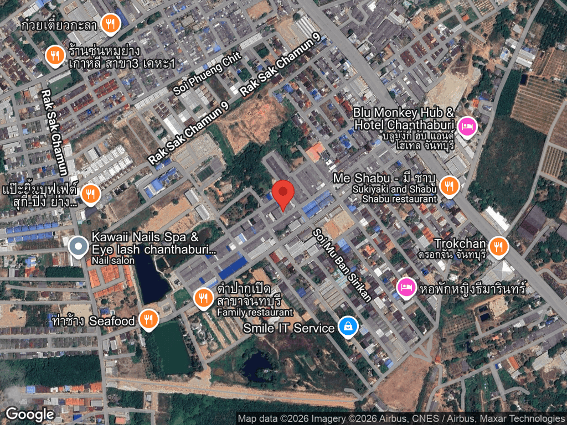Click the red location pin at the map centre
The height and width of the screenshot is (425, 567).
[x=284, y=194]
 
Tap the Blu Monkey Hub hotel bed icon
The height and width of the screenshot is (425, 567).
[x=469, y=127]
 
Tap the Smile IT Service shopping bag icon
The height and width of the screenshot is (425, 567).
[x=347, y=327]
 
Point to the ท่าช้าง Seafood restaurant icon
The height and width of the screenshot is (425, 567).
[x=148, y=319]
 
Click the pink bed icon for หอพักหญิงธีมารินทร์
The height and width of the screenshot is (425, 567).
[x=406, y=287]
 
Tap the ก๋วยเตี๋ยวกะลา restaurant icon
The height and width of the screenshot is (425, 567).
[x=111, y=23]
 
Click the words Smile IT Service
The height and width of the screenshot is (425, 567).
[x=289, y=328]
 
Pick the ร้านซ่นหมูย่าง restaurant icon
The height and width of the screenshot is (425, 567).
[x=55, y=56]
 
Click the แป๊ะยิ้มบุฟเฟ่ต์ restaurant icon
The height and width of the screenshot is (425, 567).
[x=90, y=194]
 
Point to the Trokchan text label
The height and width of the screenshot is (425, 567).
[x=460, y=244]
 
